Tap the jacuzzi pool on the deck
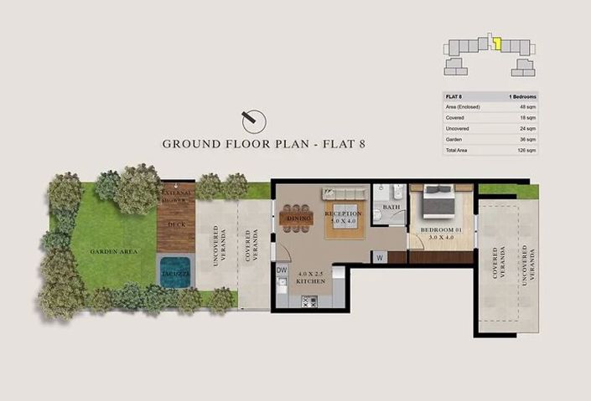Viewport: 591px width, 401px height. point(176,272)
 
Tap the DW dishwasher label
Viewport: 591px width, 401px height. point(282,270)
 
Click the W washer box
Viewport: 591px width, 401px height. point(381,258)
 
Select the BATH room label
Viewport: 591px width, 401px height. point(391,206)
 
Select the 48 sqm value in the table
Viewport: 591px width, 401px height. point(529,107)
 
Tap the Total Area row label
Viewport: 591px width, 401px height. point(458,150)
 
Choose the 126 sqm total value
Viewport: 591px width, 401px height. point(527,150)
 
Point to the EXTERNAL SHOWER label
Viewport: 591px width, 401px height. point(176,197)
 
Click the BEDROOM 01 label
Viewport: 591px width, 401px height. point(441,229)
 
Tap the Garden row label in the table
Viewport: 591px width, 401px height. point(454,139)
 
